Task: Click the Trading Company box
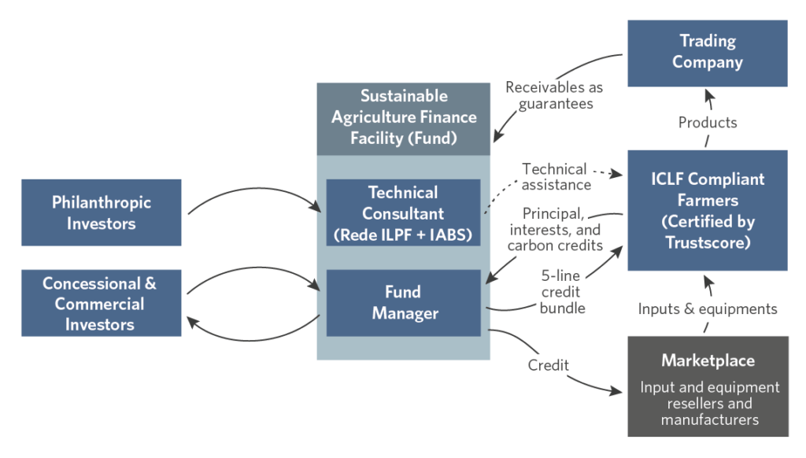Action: tap(707, 52)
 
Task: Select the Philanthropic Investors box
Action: tap(101, 212)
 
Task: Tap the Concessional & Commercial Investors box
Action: tap(101, 303)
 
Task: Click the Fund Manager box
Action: tap(403, 303)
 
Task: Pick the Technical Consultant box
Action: tap(403, 212)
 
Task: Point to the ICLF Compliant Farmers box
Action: tap(707, 210)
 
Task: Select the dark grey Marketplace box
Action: tap(708, 386)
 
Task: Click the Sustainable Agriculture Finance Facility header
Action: tap(403, 118)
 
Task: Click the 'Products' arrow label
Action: tap(707, 123)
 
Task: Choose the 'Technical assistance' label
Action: tap(556, 177)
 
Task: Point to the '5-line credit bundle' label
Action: tap(562, 291)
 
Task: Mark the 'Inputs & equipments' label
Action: tap(707, 309)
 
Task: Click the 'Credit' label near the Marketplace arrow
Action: tap(549, 366)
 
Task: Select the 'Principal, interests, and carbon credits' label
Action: tap(554, 229)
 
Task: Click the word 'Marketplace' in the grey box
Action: tap(708, 361)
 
